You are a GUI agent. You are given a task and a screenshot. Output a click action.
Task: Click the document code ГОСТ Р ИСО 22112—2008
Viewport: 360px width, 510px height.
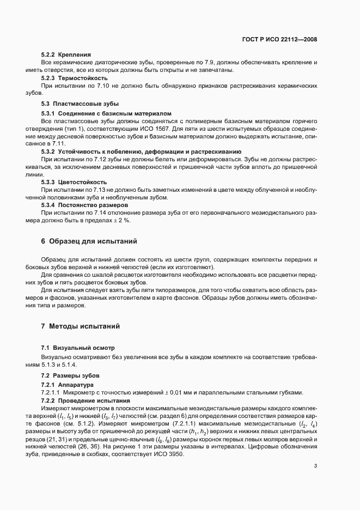click(x=279, y=40)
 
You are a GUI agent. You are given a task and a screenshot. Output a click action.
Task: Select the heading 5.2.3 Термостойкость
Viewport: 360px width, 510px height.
click(x=73, y=78)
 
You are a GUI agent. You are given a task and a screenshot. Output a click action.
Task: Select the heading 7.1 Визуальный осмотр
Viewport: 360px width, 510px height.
click(x=78, y=348)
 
